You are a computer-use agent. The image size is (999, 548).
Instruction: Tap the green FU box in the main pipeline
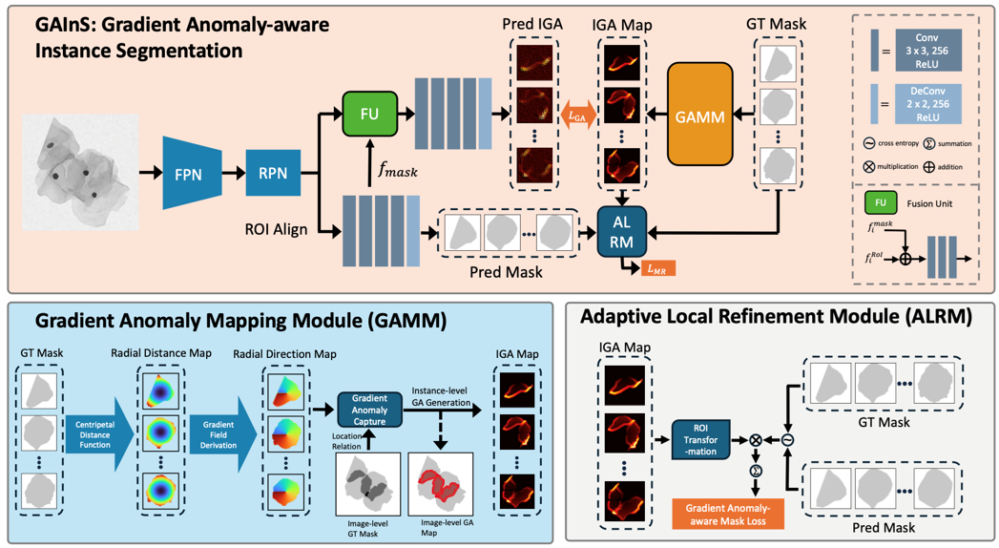click(x=369, y=114)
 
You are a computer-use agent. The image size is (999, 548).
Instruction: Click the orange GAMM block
click(x=699, y=116)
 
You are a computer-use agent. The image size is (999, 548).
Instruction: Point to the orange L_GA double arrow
click(x=577, y=115)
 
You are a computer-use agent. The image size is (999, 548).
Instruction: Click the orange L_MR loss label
click(x=658, y=268)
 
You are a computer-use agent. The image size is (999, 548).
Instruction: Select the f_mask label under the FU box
click(x=397, y=171)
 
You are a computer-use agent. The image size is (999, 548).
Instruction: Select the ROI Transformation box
click(x=700, y=440)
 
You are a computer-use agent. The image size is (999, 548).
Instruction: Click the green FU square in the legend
click(x=881, y=203)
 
